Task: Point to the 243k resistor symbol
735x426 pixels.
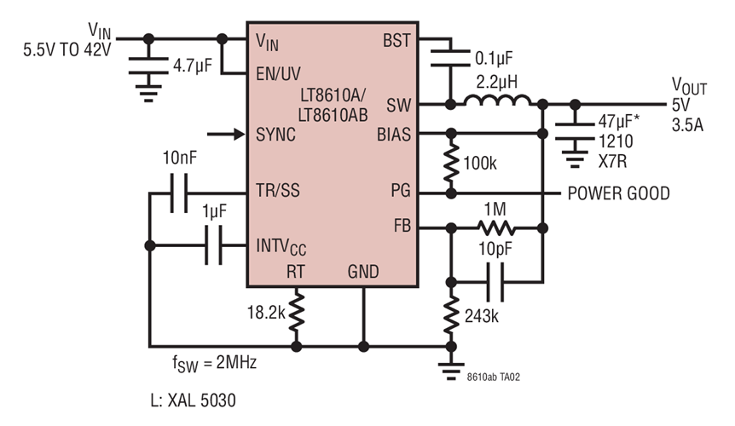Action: pyautogui.click(x=449, y=316)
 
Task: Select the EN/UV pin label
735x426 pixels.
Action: pyautogui.click(x=278, y=73)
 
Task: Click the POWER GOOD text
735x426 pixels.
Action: pyautogui.click(x=618, y=194)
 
